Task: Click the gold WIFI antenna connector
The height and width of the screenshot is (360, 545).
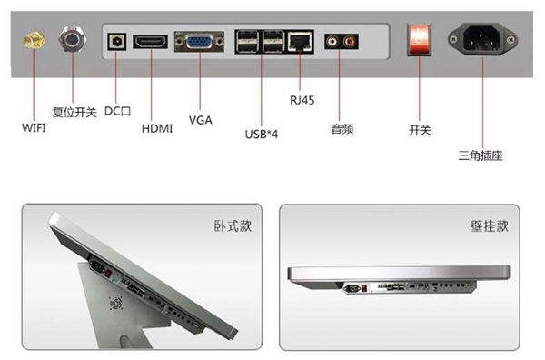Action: [34, 40]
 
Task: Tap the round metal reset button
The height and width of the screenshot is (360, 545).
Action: [73, 39]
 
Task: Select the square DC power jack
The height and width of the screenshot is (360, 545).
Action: [117, 42]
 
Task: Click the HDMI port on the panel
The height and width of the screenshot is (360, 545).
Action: [150, 42]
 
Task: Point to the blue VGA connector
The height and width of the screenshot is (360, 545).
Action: [199, 42]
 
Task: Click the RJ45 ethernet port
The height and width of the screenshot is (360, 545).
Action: [300, 42]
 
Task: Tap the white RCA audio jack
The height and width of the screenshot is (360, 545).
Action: [332, 42]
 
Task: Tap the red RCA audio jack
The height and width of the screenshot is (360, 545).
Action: [350, 42]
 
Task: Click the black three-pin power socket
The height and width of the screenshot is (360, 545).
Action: [482, 39]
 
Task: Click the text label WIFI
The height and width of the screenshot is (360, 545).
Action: [34, 128]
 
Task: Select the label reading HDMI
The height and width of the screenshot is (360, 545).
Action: [157, 129]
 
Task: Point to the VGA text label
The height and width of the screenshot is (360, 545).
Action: [201, 120]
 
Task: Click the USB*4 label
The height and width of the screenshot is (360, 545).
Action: [262, 134]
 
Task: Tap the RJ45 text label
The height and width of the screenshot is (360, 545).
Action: [302, 100]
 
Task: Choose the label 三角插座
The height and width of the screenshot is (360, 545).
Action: [481, 155]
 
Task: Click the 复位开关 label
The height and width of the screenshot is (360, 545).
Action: [74, 112]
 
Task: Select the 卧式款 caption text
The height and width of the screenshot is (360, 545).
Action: [233, 226]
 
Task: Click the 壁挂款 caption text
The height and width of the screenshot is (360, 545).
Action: [490, 226]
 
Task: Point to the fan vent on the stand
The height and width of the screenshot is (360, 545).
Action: [116, 303]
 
